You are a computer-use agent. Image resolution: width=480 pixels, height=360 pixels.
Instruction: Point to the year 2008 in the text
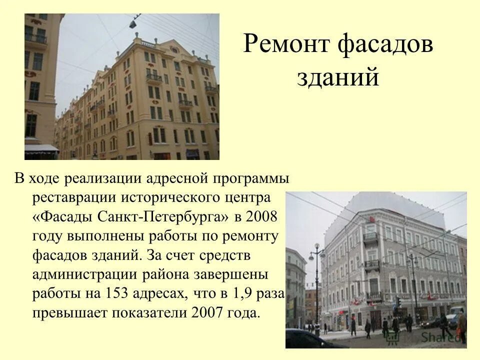[261, 218]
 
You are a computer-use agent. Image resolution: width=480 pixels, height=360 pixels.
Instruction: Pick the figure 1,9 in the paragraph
[242, 294]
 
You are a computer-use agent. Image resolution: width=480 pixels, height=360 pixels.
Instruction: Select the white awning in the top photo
[41, 149]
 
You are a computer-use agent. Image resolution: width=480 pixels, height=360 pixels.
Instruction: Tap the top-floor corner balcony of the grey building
[370, 236]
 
